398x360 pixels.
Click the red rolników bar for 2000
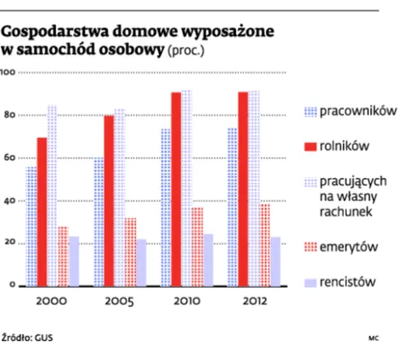(42, 211)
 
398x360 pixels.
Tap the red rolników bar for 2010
(176, 188)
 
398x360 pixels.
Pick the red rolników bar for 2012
(243, 188)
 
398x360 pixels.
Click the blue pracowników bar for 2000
(32, 225)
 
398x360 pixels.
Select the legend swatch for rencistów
(309, 282)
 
